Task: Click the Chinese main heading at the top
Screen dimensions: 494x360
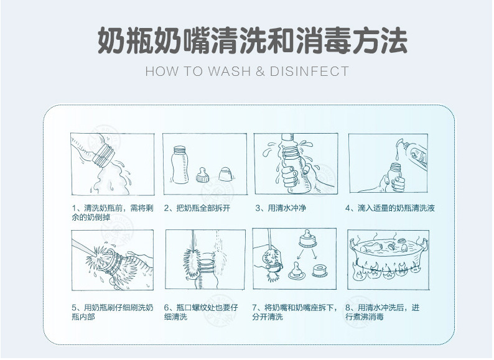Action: (x=253, y=40)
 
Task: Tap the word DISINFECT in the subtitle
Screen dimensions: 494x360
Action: (x=309, y=72)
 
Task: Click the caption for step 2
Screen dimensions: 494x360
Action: (x=197, y=208)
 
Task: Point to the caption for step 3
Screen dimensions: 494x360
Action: (x=281, y=208)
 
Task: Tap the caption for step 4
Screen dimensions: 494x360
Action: (x=390, y=208)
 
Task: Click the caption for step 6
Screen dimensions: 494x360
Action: (x=201, y=312)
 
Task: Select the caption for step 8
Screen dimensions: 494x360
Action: (x=382, y=312)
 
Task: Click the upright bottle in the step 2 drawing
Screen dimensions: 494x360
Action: (x=180, y=165)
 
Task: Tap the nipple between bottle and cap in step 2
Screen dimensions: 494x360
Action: (x=203, y=175)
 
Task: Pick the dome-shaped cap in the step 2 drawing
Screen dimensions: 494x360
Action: (x=225, y=174)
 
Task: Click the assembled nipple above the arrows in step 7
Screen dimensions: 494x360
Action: (x=306, y=238)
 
